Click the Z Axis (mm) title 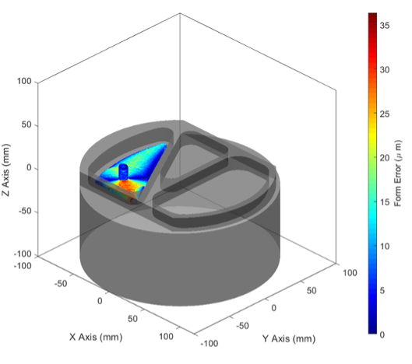pos(5,170)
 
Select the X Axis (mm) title pos(96,337)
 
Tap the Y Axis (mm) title pos(289,339)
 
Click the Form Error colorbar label pos(398,173)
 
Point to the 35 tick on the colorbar pos(385,26)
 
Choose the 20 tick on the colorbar pos(385,158)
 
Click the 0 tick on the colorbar pos(382,334)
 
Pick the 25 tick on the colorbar pos(385,114)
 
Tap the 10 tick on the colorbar pos(385,247)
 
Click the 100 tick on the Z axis pos(24,81)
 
